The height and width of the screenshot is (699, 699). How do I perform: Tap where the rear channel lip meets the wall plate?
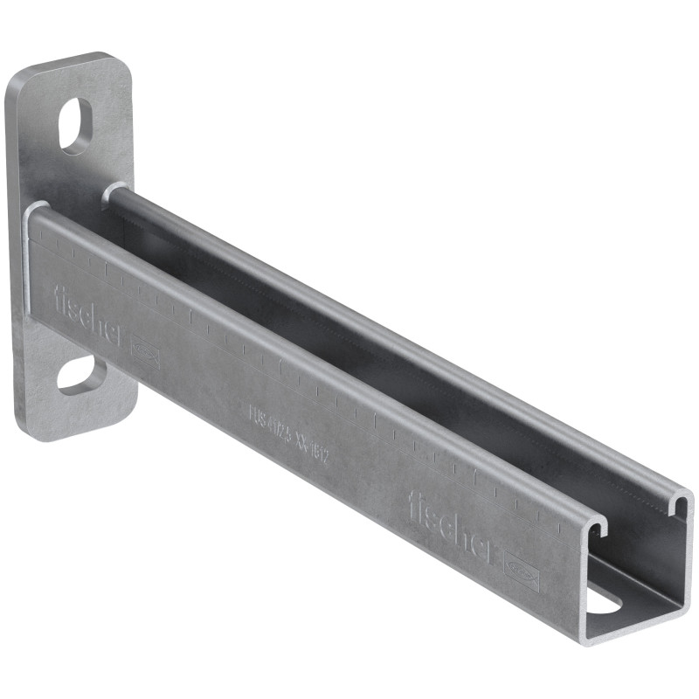click(112, 191)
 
